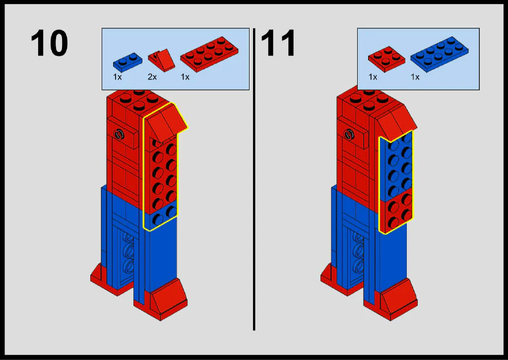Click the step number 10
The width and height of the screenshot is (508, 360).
point(49,43)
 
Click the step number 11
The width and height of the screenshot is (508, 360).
point(278,43)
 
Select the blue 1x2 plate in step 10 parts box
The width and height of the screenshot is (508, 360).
point(127,62)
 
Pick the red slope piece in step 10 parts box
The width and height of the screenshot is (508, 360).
point(161,60)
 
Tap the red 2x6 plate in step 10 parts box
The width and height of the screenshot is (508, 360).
point(209,54)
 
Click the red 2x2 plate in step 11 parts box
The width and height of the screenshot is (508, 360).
point(386,59)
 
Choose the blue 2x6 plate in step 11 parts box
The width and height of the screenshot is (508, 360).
point(440,54)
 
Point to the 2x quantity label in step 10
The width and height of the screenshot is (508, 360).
point(152,77)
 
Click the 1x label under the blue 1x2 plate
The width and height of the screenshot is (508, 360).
point(117,77)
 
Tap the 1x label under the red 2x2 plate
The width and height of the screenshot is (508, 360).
point(373,77)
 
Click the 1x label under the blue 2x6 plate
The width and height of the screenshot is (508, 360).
point(415,77)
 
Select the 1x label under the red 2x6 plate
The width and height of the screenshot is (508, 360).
point(185,77)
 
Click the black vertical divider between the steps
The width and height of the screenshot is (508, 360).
point(254,179)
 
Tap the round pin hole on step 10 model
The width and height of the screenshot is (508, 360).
point(120,134)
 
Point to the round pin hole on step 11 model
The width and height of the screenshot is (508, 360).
point(349,134)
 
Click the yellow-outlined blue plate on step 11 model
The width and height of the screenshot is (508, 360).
point(396,165)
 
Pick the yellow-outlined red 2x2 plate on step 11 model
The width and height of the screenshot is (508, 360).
point(396,213)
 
